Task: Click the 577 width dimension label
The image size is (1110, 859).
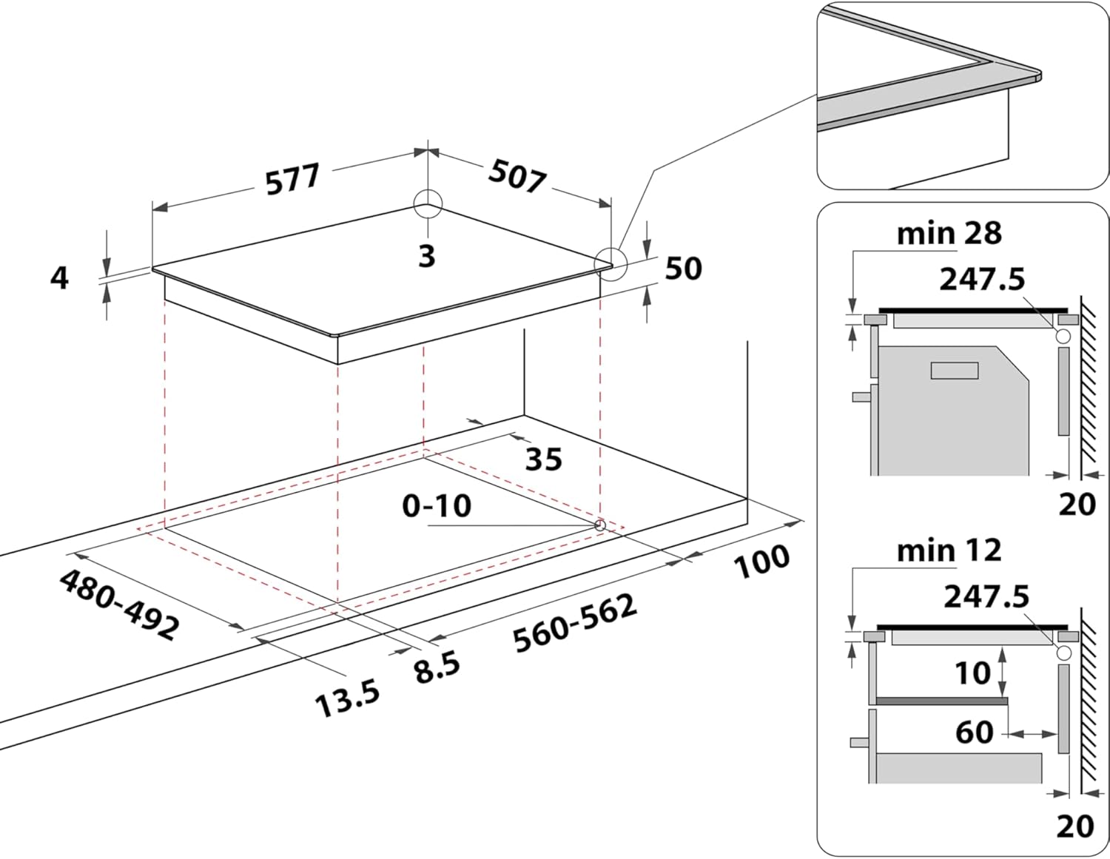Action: coord(293,180)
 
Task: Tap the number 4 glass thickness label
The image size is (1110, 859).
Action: coord(59,278)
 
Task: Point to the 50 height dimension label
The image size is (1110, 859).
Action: coord(683,269)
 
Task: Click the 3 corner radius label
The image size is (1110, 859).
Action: coord(426,256)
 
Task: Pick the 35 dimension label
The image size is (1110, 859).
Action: coord(543,459)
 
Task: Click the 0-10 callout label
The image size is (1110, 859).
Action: coord(437,506)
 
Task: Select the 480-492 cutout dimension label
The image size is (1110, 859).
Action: coord(118,604)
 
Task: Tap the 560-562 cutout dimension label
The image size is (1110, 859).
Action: coord(575,624)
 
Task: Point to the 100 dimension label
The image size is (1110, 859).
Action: coord(762,561)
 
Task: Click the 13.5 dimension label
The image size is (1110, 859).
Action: coord(348,699)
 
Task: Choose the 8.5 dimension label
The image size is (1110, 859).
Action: coord(437,667)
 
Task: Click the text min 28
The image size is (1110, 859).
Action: coord(949,234)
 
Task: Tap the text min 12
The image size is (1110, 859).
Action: coord(949,550)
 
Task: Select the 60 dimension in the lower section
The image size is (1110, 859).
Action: coord(974,732)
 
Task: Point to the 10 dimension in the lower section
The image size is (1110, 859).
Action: coord(972,673)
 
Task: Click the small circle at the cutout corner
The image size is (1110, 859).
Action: coord(600,525)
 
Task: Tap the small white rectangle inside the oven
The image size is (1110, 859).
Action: coord(955,371)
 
